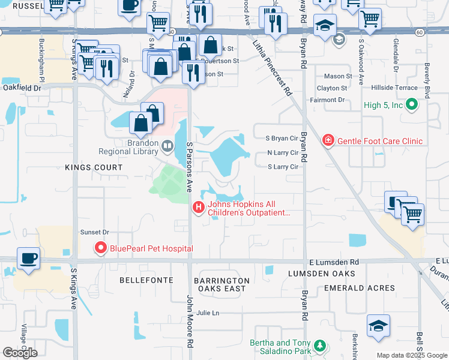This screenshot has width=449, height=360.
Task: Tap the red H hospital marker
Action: (199, 208)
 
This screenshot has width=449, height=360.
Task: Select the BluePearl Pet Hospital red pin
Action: (100, 248)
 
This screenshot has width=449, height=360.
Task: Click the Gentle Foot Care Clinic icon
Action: (328, 141)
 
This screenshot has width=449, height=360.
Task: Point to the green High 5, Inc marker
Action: (411, 106)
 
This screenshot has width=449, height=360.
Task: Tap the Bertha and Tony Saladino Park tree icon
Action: (321, 346)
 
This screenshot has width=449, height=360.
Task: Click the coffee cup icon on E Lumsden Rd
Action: (29, 259)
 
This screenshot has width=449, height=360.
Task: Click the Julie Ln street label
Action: (208, 313)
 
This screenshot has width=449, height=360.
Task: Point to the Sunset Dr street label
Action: (95, 232)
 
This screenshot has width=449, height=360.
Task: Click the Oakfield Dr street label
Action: (21, 88)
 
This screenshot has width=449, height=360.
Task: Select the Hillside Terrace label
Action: (394, 88)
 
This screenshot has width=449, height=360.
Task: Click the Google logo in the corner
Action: (20, 352)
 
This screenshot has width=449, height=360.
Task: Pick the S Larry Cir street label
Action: (283, 167)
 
